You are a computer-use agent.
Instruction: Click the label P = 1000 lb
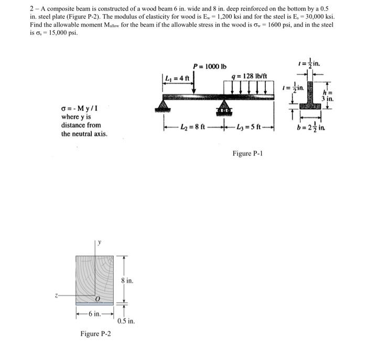click(x=210, y=66)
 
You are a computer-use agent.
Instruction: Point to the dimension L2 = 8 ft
click(x=193, y=128)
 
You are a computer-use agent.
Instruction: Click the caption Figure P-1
click(x=247, y=153)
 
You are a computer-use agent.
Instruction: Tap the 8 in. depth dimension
click(x=126, y=281)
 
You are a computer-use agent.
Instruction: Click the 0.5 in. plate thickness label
click(x=126, y=321)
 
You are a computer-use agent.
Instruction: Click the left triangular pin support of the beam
click(x=163, y=107)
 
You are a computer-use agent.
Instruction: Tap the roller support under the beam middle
click(x=224, y=109)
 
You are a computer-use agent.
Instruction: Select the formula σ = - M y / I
click(x=79, y=109)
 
